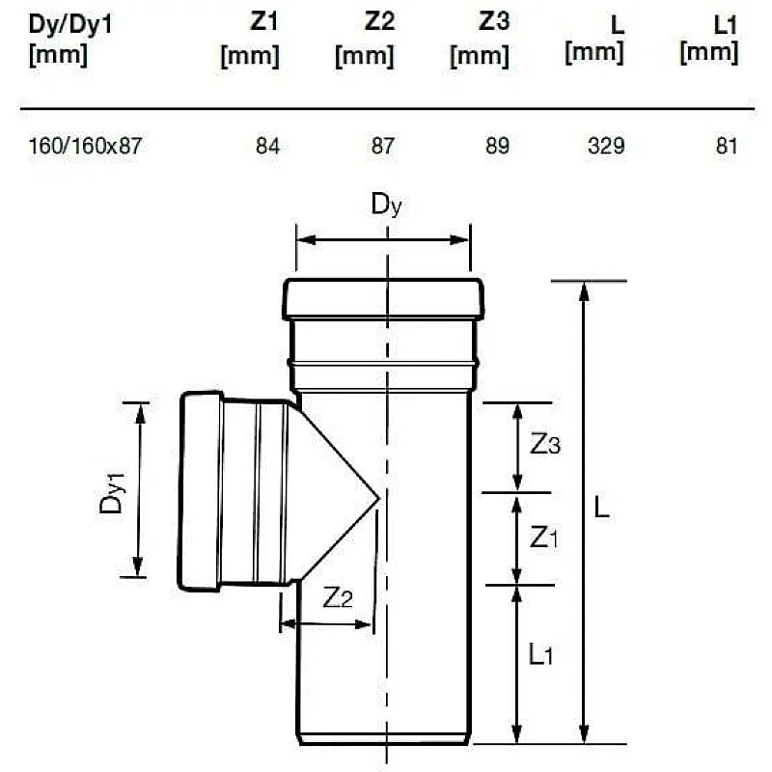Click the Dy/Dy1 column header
pos(70,40)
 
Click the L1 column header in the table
pos(709,40)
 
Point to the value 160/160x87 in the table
pos(85,146)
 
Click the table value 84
pos(267,146)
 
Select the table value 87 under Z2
pos(382,146)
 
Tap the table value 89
pos(497,146)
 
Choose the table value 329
pos(606,146)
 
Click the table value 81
pos(727,146)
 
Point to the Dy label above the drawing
pos(387,205)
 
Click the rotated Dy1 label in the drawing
pos(112,493)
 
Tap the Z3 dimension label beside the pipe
pos(545,445)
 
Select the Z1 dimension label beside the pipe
pos(544,538)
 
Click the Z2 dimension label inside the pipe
pos(338,597)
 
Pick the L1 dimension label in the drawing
pos(540,654)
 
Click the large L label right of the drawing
pos(601,507)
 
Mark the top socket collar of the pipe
pos(383,299)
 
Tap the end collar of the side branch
pos(201,491)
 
